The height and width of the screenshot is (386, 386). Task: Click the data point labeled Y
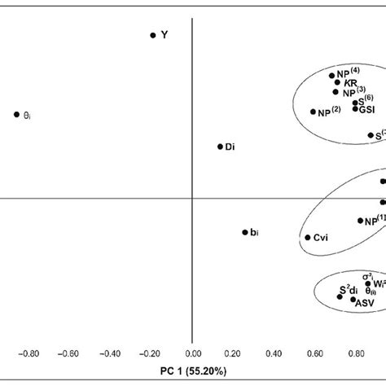152,35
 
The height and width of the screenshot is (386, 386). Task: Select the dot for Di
220,147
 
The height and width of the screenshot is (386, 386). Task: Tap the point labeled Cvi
308,238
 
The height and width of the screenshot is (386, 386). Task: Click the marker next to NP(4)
332,76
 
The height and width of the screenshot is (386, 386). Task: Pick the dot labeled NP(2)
314,112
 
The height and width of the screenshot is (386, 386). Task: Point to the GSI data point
355,109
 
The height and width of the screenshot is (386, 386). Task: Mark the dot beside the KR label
337,83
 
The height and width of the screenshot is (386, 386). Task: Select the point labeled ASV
353,300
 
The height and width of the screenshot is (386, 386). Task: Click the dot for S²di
340,296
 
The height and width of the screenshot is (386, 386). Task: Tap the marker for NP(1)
361,220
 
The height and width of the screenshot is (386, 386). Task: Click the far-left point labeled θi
16,115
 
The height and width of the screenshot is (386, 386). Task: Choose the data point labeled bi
244,232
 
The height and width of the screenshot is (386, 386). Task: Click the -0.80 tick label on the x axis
29,355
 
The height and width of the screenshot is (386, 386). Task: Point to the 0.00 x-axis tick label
192,355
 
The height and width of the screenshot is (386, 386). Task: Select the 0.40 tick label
274,355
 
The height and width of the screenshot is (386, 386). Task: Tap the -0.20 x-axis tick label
151,355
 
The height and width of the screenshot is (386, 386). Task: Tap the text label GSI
369,109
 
